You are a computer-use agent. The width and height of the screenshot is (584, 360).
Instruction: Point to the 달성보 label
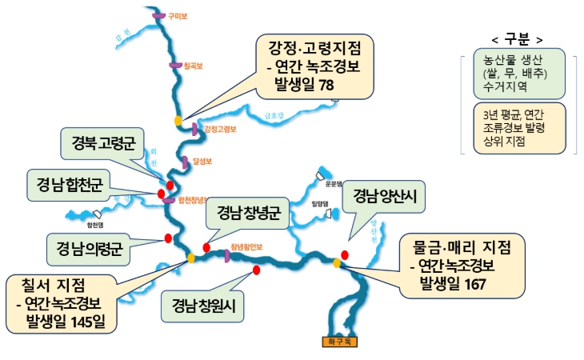(202, 161)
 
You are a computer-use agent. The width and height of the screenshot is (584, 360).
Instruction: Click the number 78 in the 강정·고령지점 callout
(324, 83)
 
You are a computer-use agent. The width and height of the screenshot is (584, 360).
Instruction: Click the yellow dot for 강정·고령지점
(178, 121)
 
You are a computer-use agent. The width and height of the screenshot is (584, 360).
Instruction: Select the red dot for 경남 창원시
(256, 270)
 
